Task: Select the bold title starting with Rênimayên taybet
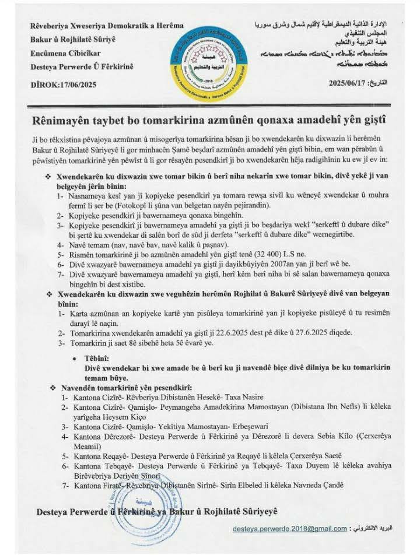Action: [x=210, y=120]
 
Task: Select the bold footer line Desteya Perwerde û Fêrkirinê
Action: [x=157, y=511]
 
